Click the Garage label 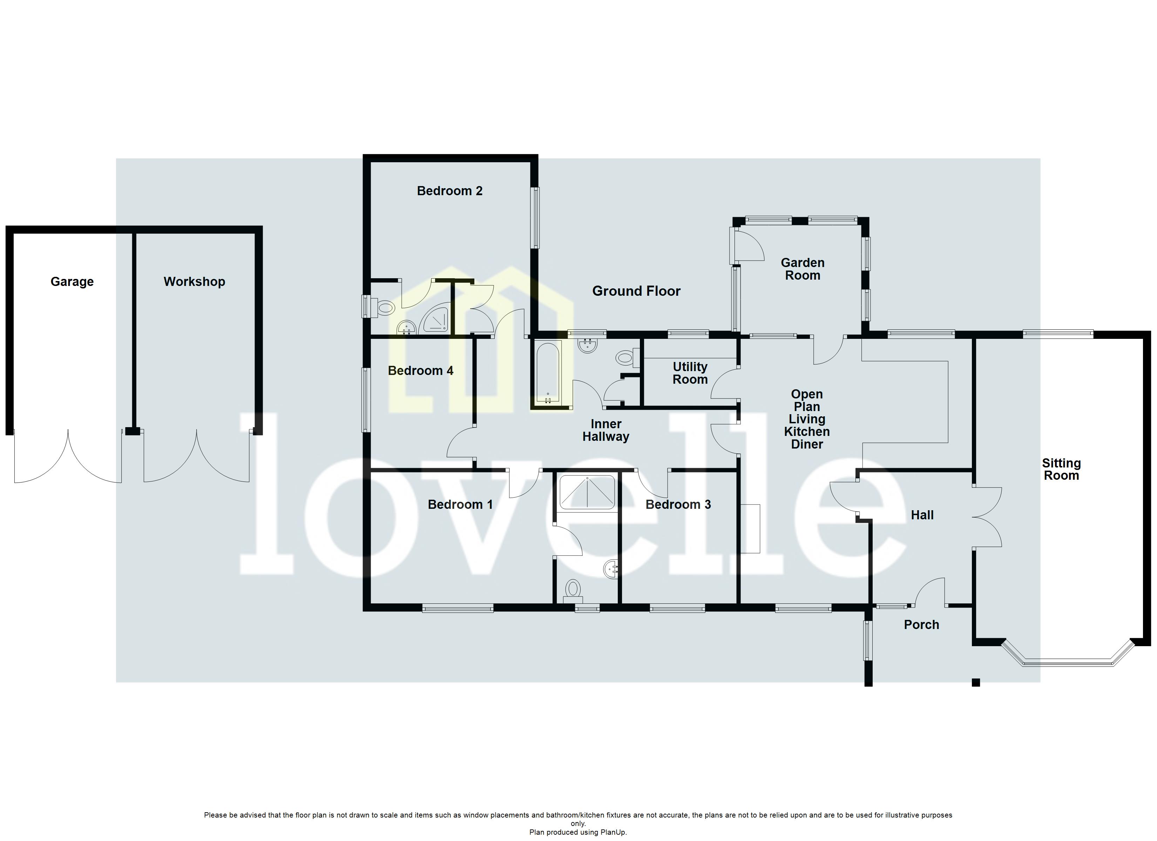[x=72, y=281]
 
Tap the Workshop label [x=194, y=281]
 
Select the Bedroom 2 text [x=449, y=191]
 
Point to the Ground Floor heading [x=636, y=291]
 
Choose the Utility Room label [x=690, y=373]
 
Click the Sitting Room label [x=1061, y=469]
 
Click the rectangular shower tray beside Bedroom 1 [x=587, y=492]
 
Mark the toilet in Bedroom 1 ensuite [x=573, y=591]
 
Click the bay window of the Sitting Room [x=1067, y=663]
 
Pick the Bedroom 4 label [x=420, y=371]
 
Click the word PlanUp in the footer [x=612, y=832]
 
